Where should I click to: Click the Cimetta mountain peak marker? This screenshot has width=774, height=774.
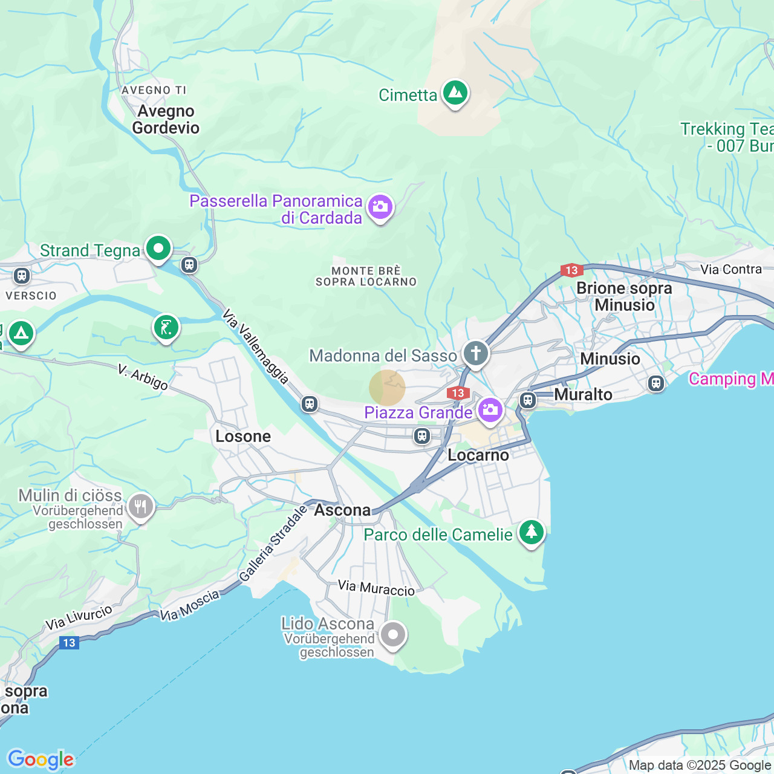[x=455, y=93]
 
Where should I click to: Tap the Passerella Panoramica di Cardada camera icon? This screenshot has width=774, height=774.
[x=380, y=207]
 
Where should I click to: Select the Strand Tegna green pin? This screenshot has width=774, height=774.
[x=158, y=249]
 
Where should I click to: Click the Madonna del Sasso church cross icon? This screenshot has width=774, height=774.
[x=476, y=353]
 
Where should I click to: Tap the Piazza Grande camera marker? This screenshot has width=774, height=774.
[x=490, y=411]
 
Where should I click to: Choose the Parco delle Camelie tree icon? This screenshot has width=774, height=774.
[x=532, y=532]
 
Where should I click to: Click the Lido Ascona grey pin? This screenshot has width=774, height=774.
[x=393, y=636]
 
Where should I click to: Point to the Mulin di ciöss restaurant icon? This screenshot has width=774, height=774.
[x=140, y=507]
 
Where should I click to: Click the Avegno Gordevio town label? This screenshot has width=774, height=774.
[x=166, y=119]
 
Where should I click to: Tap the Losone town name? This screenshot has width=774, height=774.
[x=243, y=436]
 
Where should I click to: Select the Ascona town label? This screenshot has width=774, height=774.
[x=342, y=510]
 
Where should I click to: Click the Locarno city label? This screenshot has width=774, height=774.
[x=478, y=455]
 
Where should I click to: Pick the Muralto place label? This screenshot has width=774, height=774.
[x=583, y=394]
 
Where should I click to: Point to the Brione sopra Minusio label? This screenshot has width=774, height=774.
[x=624, y=296]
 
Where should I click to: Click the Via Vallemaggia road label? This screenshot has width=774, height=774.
[x=255, y=346]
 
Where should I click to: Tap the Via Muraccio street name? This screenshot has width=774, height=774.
[x=376, y=588]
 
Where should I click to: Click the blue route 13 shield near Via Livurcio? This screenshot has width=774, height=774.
[x=69, y=643]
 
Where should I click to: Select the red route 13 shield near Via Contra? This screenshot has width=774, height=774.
[x=571, y=270]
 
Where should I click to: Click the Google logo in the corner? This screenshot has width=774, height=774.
[x=41, y=759]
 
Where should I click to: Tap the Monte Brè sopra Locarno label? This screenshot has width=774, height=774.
[x=366, y=276]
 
